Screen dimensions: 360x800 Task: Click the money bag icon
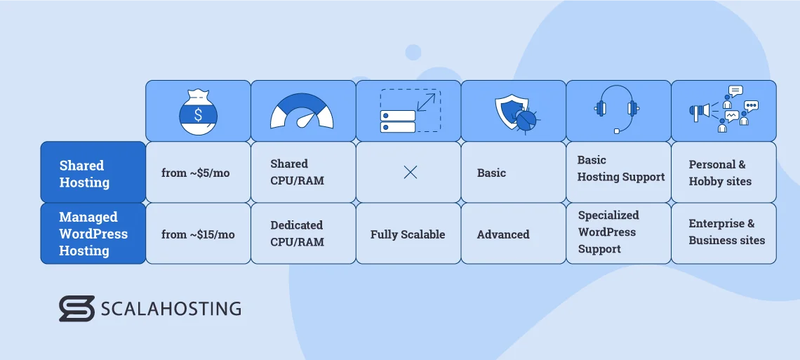pyautogui.click(x=198, y=111)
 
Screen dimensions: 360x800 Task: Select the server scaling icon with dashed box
pyautogui.click(x=410, y=111)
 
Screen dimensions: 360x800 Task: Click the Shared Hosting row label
pyautogui.click(x=85, y=174)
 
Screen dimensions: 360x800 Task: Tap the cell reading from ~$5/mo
pyautogui.click(x=195, y=173)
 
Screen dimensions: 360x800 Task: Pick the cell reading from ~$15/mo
pyautogui.click(x=198, y=234)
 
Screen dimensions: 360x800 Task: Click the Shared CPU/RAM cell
pyautogui.click(x=297, y=173)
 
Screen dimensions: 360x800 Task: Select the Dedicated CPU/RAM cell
pyautogui.click(x=297, y=234)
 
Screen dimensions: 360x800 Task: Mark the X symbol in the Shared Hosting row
pyautogui.click(x=411, y=173)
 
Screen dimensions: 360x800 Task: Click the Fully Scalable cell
pyautogui.click(x=408, y=234)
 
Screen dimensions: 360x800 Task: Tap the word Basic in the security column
pyautogui.click(x=491, y=173)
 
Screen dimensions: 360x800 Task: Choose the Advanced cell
pyautogui.click(x=503, y=234)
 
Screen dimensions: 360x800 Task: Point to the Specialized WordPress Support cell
pyautogui.click(x=608, y=232)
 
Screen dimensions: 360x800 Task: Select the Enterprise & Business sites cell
pyautogui.click(x=726, y=232)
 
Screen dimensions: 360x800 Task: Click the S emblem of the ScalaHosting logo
pyautogui.click(x=76, y=309)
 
